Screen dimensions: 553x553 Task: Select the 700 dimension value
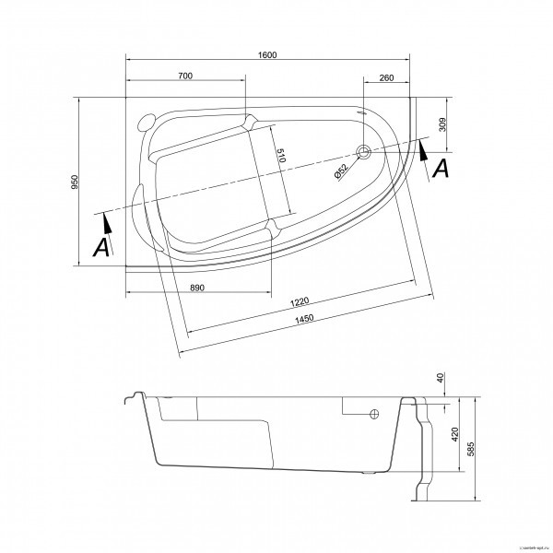click(x=185, y=76)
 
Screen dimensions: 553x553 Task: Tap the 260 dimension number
click(x=386, y=76)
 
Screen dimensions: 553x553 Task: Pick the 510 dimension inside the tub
click(x=281, y=156)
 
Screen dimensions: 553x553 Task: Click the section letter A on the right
click(x=441, y=168)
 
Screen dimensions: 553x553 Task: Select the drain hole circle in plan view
click(x=364, y=150)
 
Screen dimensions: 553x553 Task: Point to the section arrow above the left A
click(x=107, y=221)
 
